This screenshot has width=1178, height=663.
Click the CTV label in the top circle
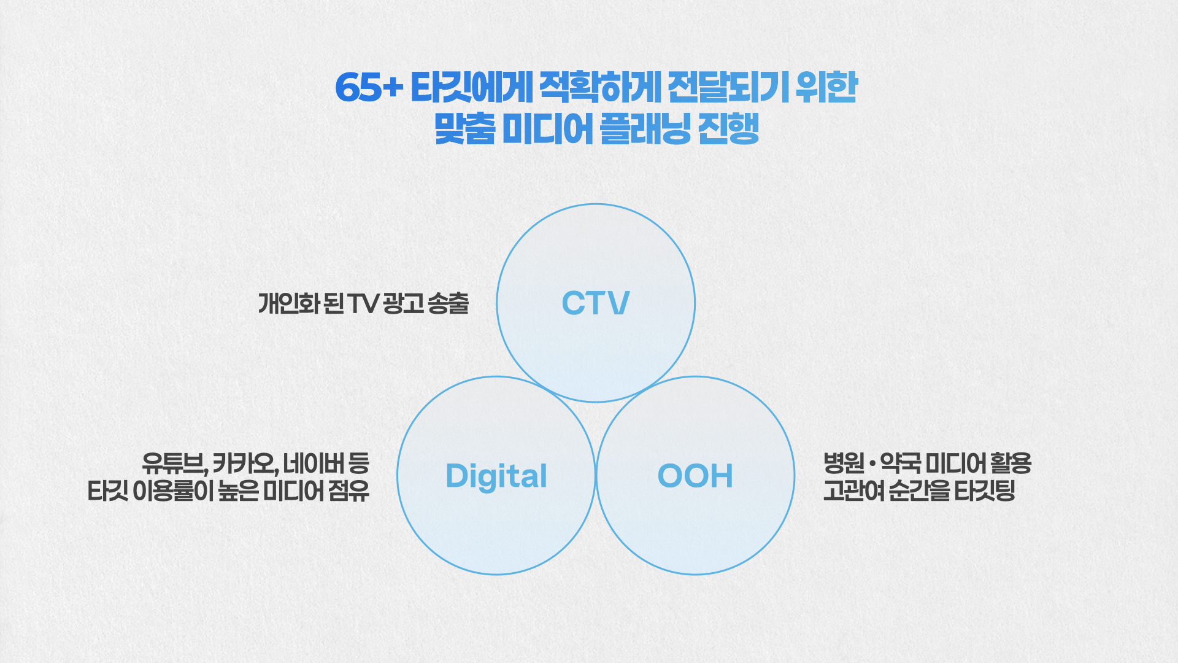point(596,303)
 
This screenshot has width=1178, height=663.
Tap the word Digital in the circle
point(496,476)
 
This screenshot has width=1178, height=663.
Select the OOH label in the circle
point(695,476)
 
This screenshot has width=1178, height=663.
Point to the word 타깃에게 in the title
point(472,87)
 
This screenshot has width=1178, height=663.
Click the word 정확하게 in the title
point(600,87)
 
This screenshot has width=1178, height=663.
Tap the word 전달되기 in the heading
point(728,87)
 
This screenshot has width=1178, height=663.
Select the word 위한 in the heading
point(826,87)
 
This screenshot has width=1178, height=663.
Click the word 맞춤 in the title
point(464,129)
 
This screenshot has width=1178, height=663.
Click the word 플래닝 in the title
point(645,129)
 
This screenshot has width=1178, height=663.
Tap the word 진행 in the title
point(729,129)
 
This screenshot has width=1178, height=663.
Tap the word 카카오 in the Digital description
point(245,463)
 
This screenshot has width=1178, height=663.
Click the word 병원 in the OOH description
point(844,463)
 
